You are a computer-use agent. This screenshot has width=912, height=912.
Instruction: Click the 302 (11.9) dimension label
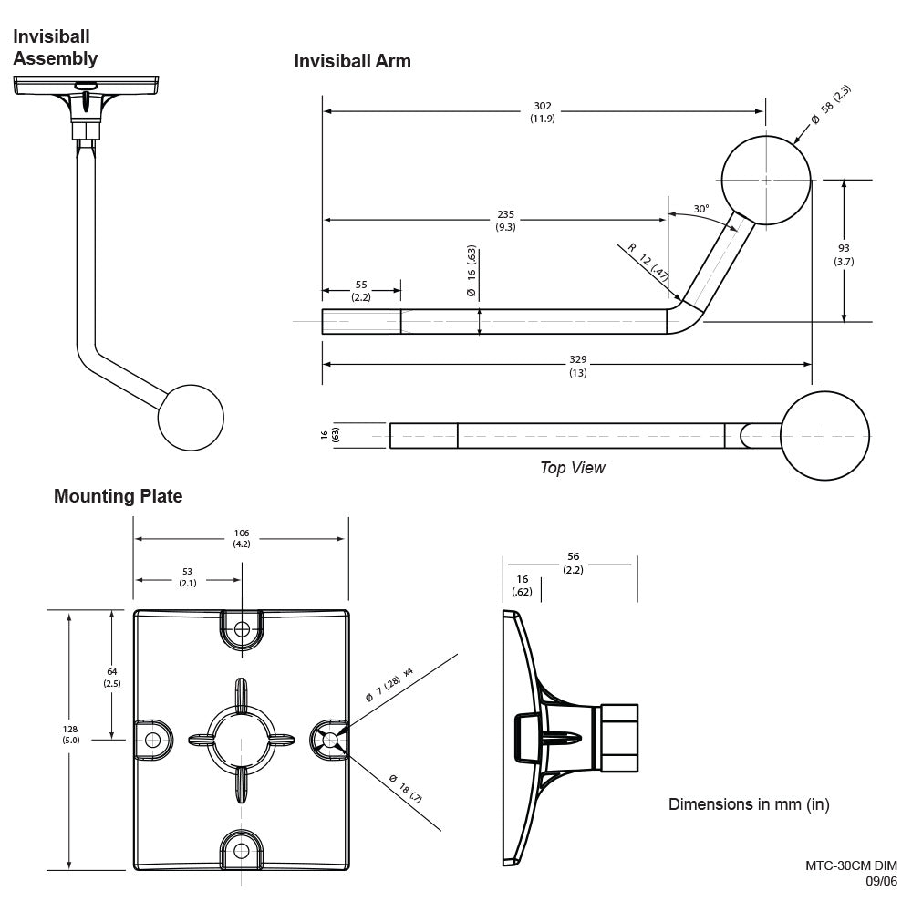tap(542, 112)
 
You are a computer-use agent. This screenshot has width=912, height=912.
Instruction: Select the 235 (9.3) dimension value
tap(505, 221)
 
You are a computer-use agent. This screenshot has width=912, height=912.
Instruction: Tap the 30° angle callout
tap(700, 209)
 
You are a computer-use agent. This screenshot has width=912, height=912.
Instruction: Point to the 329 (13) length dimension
tap(577, 366)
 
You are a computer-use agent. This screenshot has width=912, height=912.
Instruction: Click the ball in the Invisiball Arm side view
tap(766, 180)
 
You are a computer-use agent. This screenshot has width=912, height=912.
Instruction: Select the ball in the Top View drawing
tap(824, 436)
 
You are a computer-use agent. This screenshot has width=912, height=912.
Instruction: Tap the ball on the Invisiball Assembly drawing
tap(191, 418)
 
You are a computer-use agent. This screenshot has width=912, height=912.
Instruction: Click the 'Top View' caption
tap(572, 468)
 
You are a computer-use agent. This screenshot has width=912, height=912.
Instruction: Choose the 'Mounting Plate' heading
tap(118, 496)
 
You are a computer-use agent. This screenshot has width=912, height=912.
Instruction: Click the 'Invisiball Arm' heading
tap(352, 61)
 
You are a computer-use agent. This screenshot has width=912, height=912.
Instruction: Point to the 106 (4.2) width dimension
tap(241, 538)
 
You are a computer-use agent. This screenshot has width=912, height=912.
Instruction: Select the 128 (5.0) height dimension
tap(71, 735)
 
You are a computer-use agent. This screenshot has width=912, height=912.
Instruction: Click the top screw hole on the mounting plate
tap(242, 629)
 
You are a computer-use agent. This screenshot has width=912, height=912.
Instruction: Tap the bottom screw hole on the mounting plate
tap(241, 850)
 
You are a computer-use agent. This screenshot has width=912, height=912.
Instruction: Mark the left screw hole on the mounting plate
tap(152, 739)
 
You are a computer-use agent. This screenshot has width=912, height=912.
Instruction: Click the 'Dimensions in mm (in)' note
tap(749, 804)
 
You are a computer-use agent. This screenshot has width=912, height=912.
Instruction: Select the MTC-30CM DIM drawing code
tap(851, 865)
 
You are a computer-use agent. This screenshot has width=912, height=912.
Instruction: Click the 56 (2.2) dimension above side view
tap(572, 563)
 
